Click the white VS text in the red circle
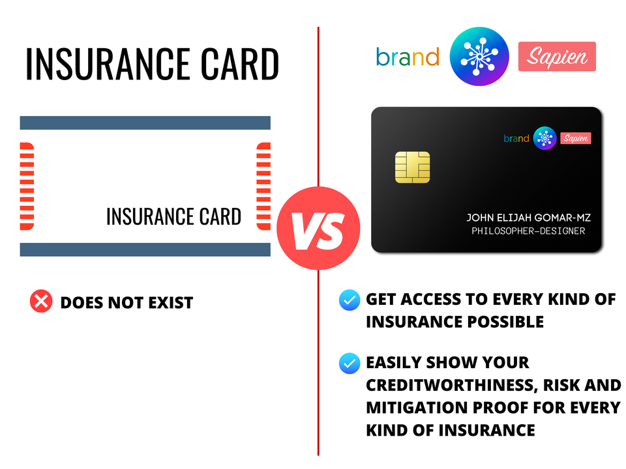click(x=318, y=231)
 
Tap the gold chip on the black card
click(x=412, y=167)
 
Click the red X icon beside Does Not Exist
click(x=41, y=301)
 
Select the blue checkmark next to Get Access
click(x=350, y=300)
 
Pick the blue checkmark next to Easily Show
click(x=350, y=363)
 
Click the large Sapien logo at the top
click(x=557, y=56)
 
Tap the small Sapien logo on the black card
click(x=576, y=138)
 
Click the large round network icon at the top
click(x=479, y=56)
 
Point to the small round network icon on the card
click(x=544, y=138)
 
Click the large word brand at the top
click(x=408, y=57)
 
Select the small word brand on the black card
click(x=516, y=138)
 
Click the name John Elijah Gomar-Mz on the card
click(x=529, y=218)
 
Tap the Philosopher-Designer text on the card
click(x=528, y=231)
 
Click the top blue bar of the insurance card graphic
click(x=145, y=123)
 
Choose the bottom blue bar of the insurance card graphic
click(x=145, y=249)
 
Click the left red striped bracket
click(x=27, y=186)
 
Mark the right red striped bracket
click(x=263, y=186)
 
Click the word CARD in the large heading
click(x=239, y=64)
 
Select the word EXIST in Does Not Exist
click(x=170, y=303)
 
